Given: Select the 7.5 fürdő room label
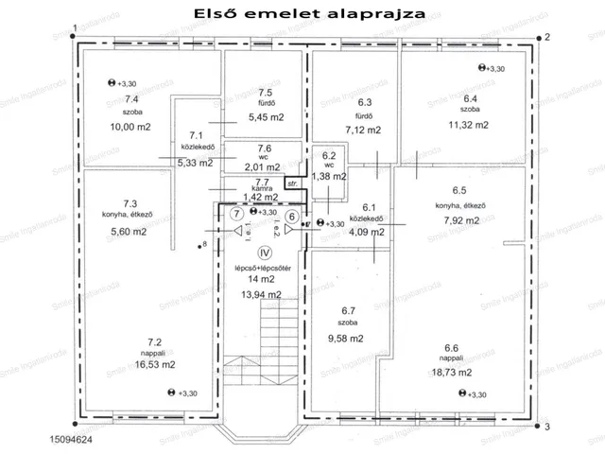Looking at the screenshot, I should click(266, 97).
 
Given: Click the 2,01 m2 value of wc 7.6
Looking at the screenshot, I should click(264, 166).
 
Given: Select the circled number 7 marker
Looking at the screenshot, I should click(235, 215).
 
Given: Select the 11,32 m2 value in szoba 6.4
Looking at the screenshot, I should click(470, 125).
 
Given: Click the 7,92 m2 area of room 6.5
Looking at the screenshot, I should click(458, 220).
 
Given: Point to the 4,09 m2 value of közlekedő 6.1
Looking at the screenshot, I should click(363, 229).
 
